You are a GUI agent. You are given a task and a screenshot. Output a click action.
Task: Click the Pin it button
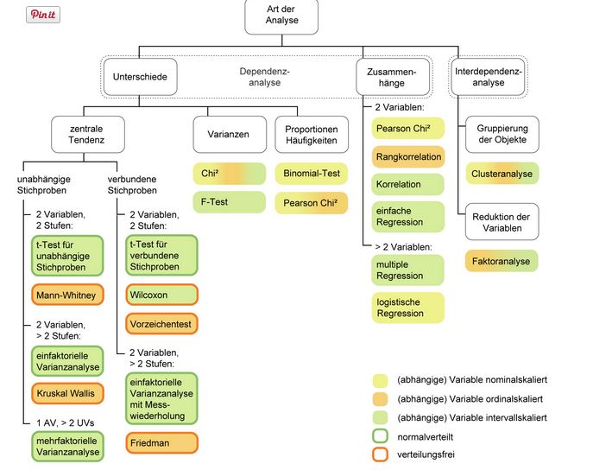coord(43,15)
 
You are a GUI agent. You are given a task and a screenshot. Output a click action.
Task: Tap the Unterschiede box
coord(140,77)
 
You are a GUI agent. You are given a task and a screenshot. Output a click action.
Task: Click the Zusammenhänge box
coord(397,77)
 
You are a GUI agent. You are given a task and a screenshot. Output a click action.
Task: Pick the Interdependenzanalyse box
coord(489,76)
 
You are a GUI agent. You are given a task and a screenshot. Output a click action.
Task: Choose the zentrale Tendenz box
coord(85,134)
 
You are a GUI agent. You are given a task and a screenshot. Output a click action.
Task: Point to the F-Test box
coord(229,202)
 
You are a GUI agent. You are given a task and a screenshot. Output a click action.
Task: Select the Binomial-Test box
coord(311,174)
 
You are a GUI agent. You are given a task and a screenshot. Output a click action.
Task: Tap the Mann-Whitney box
coord(66,295)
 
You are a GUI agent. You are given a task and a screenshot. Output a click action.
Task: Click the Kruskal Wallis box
coord(66,393)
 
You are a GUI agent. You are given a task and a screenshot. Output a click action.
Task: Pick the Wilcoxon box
coord(161,295)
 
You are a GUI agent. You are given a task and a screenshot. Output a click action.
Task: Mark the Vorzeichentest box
coord(161,324)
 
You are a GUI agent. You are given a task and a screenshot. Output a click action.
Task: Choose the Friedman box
coord(161,442)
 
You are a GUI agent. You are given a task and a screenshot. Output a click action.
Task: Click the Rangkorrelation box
coord(408,157)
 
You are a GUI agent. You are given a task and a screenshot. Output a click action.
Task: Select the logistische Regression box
coord(408,308)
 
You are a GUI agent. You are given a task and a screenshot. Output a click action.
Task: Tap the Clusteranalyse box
coord(502,174)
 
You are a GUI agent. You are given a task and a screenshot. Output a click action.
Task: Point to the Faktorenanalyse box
coord(502,260)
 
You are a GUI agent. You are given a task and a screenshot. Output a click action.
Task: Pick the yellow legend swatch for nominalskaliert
coord(380,379)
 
